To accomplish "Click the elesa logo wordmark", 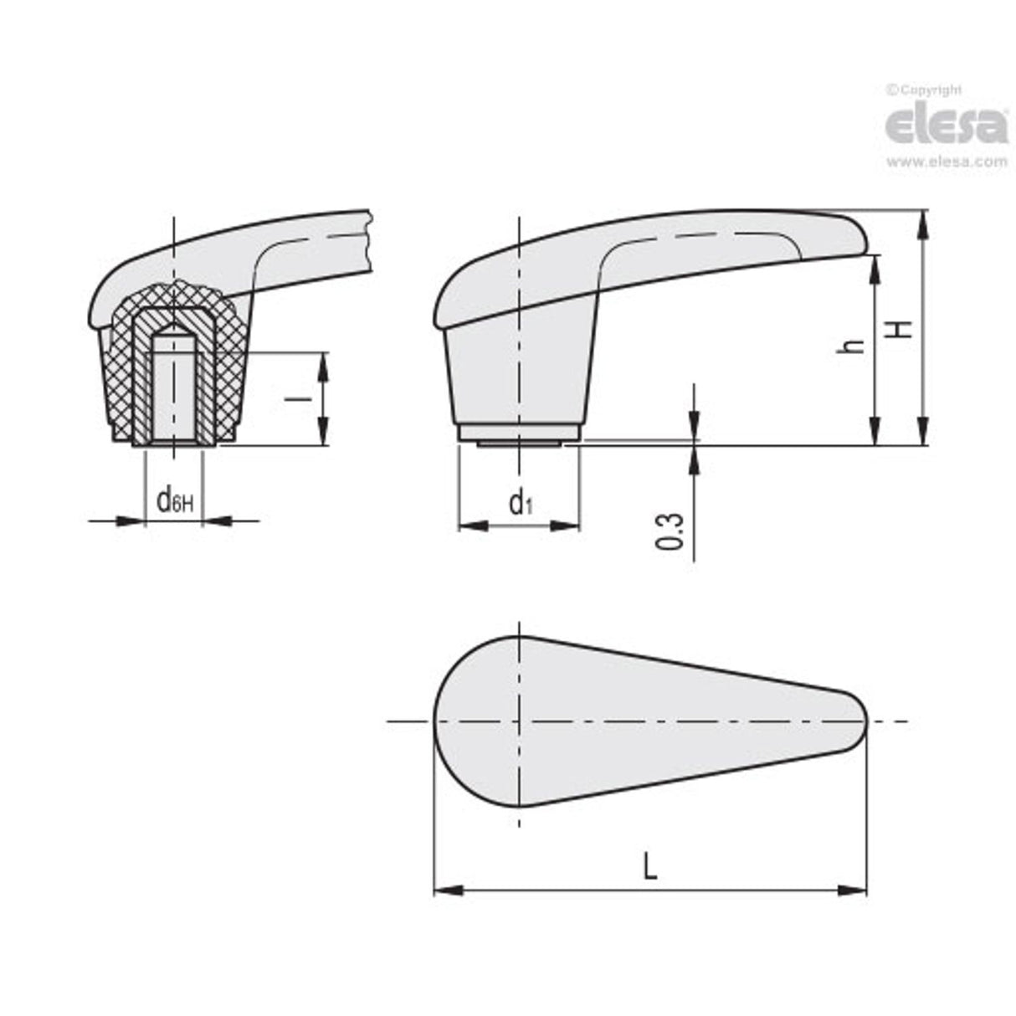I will click(946, 126).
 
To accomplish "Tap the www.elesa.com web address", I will click(946, 163).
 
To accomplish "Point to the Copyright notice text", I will click(925, 90).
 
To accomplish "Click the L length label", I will click(649, 866).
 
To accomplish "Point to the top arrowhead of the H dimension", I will click(922, 219).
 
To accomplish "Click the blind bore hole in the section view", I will click(173, 393).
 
